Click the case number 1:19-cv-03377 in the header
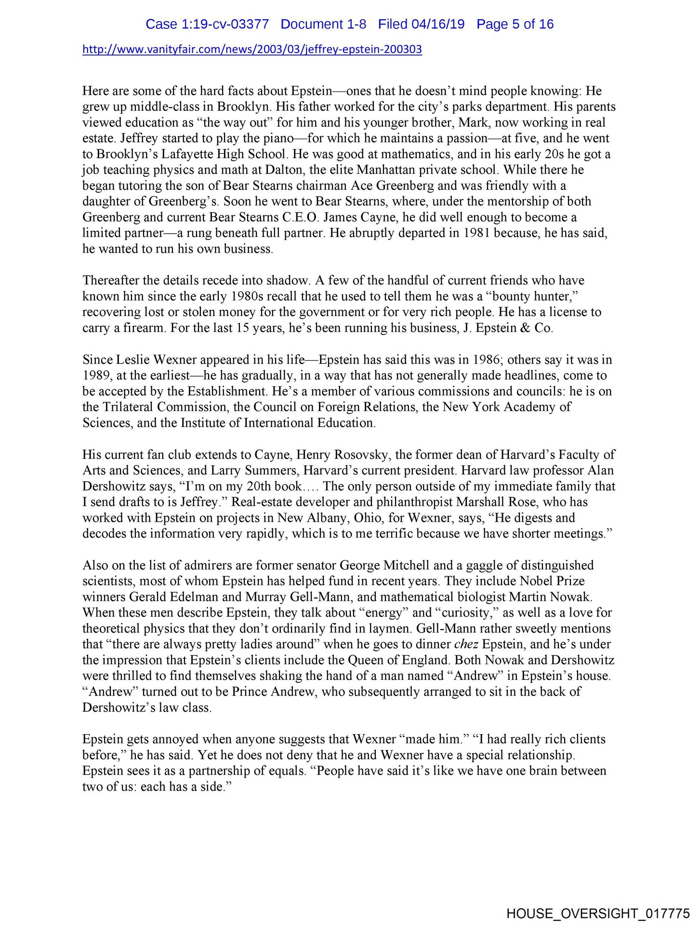click(x=207, y=25)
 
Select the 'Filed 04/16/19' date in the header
click(x=421, y=25)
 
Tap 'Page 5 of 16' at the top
click(x=515, y=25)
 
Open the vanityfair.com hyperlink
click(x=252, y=50)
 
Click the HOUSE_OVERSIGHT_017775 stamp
click(x=598, y=913)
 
